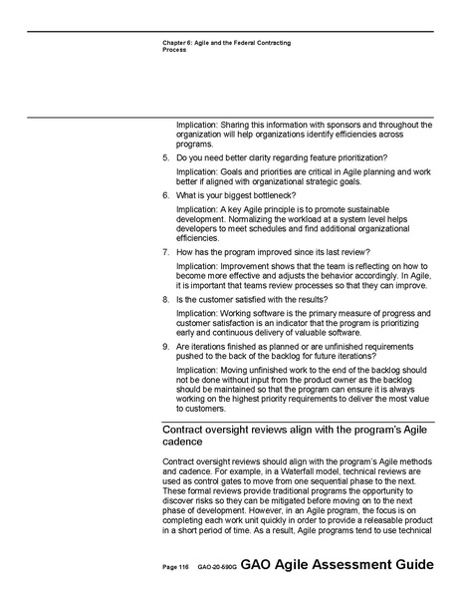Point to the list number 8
165,299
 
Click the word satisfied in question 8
257,299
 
